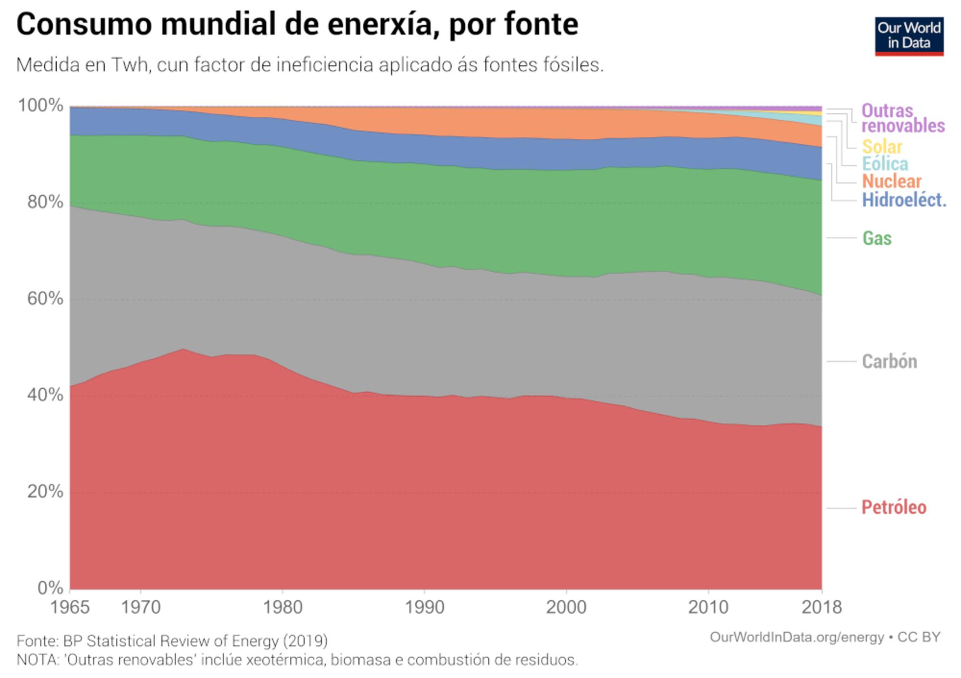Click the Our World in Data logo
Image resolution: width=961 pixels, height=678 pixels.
tap(909, 36)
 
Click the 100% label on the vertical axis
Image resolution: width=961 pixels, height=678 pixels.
tap(41, 105)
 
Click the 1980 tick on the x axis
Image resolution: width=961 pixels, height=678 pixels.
tap(283, 607)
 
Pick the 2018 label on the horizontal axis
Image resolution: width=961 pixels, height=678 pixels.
tap(821, 607)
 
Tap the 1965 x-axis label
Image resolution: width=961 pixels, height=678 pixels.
tap(70, 607)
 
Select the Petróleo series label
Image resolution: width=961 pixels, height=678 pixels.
tap(893, 508)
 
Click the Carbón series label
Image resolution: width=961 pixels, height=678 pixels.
tap(889, 362)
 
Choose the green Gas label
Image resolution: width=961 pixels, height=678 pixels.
tap(876, 238)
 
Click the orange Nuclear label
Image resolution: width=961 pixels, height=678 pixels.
tap(891, 182)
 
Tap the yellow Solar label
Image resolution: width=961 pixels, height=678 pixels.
tap(882, 146)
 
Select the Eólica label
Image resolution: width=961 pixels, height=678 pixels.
tap(885, 164)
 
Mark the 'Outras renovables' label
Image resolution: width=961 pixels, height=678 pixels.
tap(902, 118)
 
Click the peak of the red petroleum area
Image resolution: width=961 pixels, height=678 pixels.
tap(183, 350)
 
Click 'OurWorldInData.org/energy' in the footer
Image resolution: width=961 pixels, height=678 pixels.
tap(796, 637)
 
